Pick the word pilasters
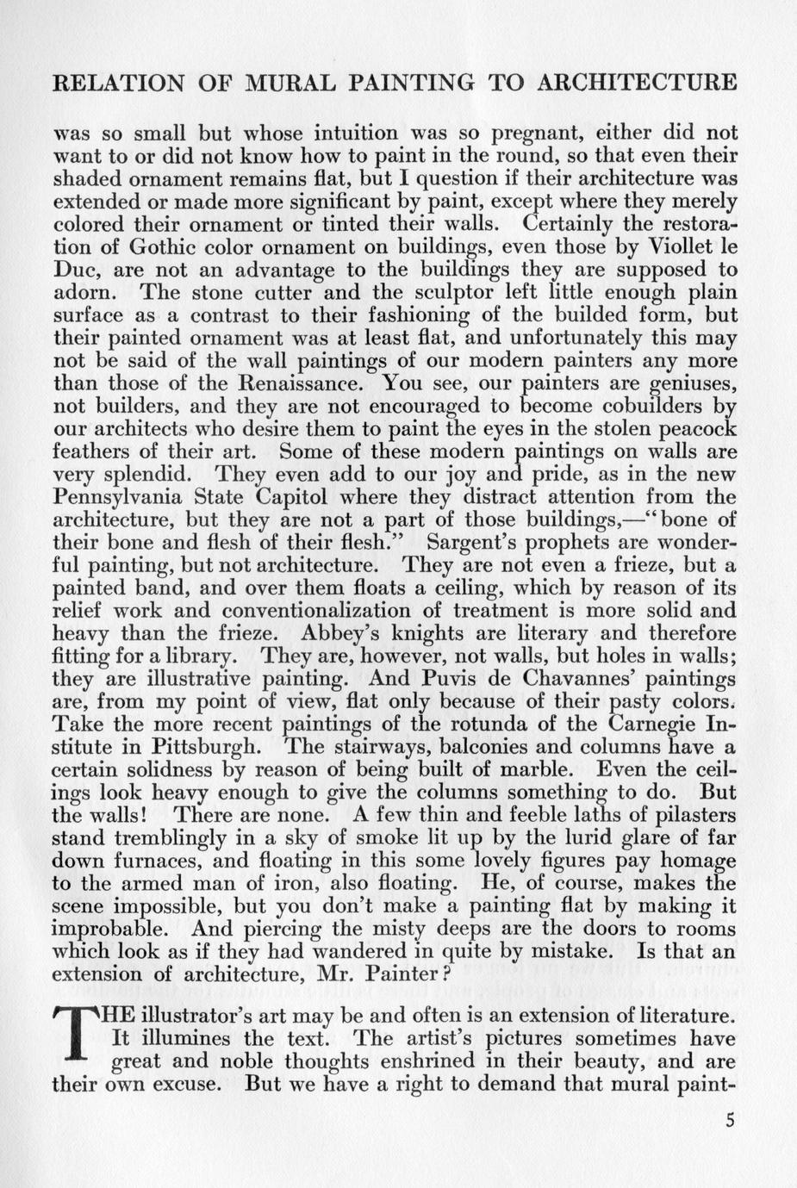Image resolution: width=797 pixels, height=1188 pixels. [690, 815]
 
